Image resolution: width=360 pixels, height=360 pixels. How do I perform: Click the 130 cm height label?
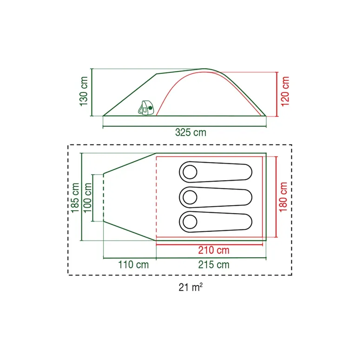[x=84, y=92]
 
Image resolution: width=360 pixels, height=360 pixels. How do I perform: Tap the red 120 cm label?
[x=285, y=92]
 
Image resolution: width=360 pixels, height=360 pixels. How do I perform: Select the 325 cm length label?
[x=190, y=132]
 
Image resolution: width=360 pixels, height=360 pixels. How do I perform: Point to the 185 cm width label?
[x=75, y=198]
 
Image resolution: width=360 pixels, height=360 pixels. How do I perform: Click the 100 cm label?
[x=87, y=198]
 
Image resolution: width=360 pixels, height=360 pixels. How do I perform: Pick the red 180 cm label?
[x=283, y=197]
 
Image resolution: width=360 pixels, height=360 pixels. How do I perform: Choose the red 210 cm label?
[x=214, y=250]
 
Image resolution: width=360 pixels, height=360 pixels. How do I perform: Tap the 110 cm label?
[x=133, y=265]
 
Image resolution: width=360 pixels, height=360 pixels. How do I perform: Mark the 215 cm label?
[x=214, y=265]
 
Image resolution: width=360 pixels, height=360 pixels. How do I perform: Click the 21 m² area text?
[x=190, y=287]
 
